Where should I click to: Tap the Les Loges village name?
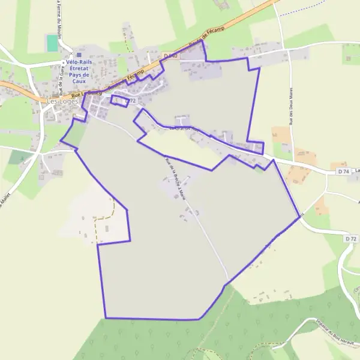pos(62,102)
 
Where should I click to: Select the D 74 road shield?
pos(343,172)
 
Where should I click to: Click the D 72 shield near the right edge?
pos(351,238)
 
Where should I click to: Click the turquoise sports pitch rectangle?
pos(53,43)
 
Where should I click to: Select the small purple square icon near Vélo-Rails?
pos(79,55)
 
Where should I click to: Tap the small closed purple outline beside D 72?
pos(119,100)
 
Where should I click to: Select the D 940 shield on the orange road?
pos(170,56)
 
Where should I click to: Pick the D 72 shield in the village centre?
pos(131,100)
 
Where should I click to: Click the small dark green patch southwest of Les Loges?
pos(20,158)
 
